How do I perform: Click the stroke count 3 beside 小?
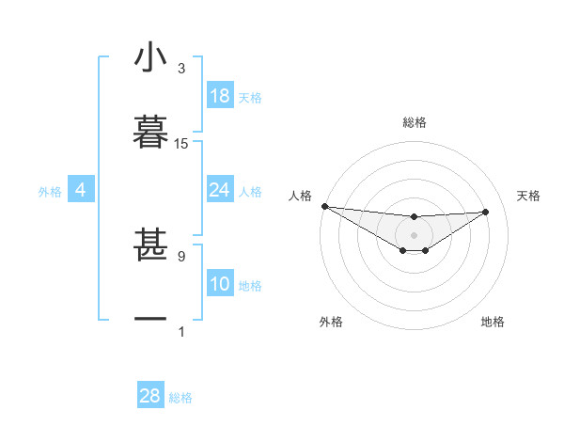[180, 69]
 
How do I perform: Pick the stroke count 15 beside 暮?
[181, 144]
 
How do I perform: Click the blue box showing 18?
[220, 96]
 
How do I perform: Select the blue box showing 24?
[220, 190]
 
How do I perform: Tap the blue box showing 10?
[220, 284]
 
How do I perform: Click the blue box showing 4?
[81, 190]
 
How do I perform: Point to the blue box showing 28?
[150, 396]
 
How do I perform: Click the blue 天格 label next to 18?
[250, 98]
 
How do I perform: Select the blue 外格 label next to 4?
[50, 192]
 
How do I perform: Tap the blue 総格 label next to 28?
[180, 398]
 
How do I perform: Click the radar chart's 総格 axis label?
[415, 122]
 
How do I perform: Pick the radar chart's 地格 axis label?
[493, 323]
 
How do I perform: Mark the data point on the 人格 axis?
[324, 206]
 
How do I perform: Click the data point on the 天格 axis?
[486, 212]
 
